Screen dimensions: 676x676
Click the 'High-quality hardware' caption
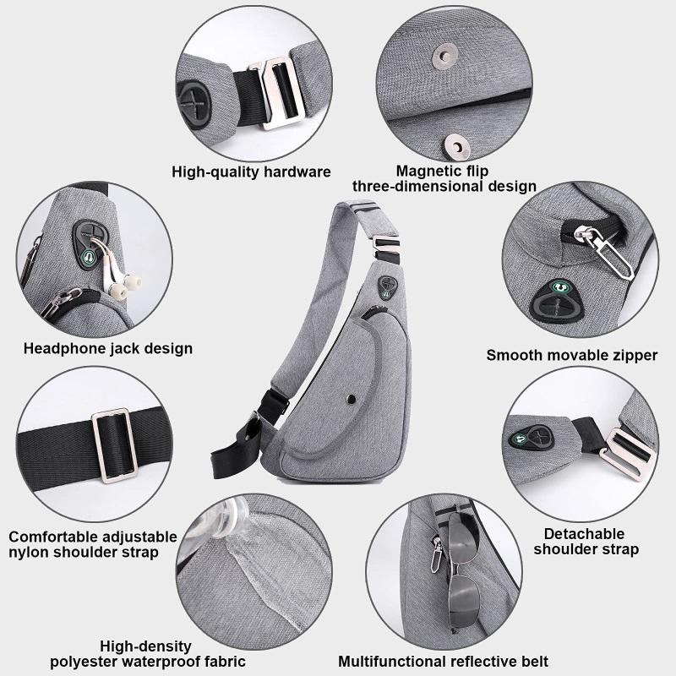[251, 172]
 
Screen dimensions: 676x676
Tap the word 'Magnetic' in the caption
[428, 172]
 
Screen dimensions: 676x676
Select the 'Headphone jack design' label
[108, 348]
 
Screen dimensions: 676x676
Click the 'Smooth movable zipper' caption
[572, 355]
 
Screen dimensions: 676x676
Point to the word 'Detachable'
[584, 534]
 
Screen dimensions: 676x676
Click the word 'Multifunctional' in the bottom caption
[392, 662]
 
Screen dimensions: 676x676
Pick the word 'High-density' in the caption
[145, 646]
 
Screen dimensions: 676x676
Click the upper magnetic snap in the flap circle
[444, 57]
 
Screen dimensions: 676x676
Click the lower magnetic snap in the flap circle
[455, 146]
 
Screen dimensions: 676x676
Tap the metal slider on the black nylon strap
[115, 445]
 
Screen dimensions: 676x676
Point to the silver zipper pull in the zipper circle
[603, 251]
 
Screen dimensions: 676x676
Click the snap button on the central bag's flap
[352, 399]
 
